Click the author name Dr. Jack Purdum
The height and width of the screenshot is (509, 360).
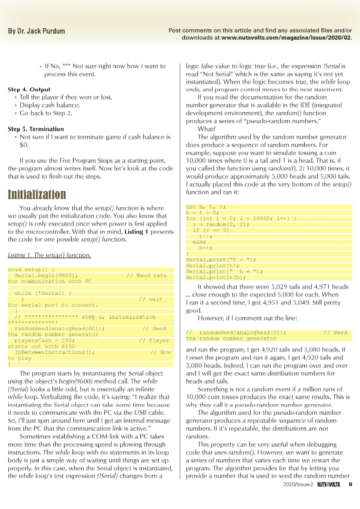tap(37, 31)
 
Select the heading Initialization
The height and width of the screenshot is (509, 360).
tap(37, 194)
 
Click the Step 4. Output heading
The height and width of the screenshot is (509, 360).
tap(29, 89)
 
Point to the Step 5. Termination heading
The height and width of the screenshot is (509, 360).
tap(36, 129)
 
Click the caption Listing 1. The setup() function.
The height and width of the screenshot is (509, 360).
tap(50, 255)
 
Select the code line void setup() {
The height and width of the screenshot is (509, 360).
tap(31, 269)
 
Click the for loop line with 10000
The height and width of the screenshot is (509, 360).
tap(242, 218)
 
